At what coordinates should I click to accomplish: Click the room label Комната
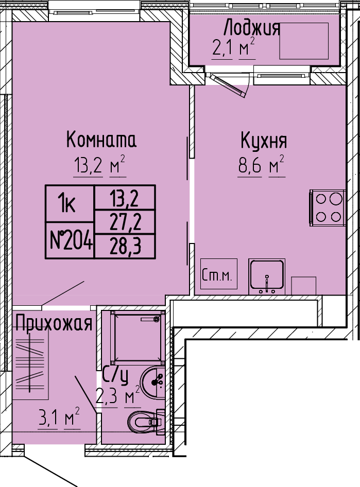pos(101,140)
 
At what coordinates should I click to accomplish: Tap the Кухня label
pos(264,142)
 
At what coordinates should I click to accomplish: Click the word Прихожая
pos(54,323)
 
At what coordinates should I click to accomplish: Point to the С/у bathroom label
pos(115,375)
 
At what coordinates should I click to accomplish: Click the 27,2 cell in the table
pos(125,222)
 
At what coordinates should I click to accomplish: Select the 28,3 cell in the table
pos(125,247)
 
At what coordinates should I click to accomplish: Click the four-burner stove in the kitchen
pos(328,207)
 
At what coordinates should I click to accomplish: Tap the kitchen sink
pos(267,276)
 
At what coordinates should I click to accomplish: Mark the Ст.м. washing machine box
pos(219,274)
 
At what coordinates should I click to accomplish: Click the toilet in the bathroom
pos(146,422)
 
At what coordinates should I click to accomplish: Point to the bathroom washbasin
pos(152,382)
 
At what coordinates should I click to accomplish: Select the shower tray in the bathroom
pos(138,337)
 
